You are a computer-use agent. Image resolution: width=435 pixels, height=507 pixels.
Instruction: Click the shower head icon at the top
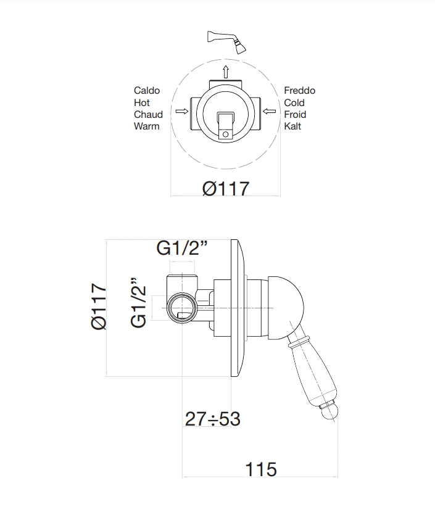point(226,41)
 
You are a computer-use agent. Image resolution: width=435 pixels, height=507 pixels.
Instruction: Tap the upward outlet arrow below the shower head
point(226,72)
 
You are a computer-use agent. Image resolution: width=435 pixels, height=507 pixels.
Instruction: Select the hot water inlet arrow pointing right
point(182,111)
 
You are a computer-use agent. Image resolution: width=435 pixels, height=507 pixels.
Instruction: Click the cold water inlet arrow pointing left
point(269,111)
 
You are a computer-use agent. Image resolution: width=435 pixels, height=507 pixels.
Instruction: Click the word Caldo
point(147,91)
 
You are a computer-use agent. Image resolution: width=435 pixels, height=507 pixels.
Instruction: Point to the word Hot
point(142,103)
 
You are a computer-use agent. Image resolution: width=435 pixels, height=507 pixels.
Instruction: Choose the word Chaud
point(148,115)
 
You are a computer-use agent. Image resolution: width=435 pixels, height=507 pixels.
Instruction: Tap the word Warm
point(146,126)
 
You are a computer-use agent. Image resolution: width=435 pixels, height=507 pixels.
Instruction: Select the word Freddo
point(299,91)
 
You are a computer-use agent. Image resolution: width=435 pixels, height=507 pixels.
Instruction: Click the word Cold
point(294,103)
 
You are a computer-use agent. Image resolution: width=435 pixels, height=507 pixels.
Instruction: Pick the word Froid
point(295,115)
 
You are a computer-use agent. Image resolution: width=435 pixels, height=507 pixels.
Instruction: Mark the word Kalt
point(292,126)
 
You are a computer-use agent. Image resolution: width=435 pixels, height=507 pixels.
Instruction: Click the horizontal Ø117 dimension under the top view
point(226,189)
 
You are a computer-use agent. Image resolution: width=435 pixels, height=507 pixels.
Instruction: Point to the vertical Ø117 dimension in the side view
point(99,307)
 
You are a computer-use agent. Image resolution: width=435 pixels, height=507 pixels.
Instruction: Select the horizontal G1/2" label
point(182,249)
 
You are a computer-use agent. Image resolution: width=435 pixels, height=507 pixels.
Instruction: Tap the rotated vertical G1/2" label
point(139,303)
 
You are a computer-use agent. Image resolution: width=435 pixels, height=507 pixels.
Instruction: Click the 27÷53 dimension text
point(212,419)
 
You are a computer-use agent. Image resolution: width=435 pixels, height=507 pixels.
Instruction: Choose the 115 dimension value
point(261,469)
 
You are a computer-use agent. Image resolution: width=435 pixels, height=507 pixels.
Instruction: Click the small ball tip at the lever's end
point(329,411)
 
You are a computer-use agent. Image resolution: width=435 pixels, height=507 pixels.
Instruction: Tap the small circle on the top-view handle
point(226,134)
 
